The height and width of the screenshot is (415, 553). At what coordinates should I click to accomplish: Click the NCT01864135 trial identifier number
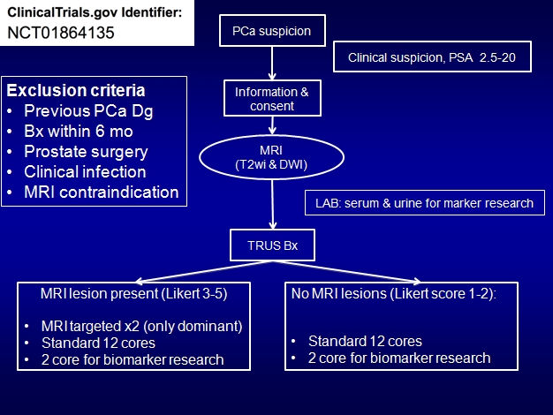point(61,33)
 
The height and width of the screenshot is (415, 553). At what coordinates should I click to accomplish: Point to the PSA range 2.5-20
point(497,57)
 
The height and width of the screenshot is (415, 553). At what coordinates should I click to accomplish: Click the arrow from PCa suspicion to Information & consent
point(272,63)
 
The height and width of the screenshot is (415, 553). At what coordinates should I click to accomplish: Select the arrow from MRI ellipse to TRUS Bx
point(272,205)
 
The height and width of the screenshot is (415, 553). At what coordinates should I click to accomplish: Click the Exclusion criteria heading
point(76,91)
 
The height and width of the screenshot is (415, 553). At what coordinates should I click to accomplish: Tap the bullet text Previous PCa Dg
point(88,111)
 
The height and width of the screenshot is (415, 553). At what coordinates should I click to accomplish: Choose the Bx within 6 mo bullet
point(79,132)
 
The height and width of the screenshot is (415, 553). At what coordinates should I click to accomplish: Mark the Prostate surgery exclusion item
point(86,152)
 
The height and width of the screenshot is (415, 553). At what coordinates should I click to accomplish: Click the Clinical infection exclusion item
point(85,172)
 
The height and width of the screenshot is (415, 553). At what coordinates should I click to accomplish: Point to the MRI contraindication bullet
point(102,192)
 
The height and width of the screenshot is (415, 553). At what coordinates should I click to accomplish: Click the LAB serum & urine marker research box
point(425,203)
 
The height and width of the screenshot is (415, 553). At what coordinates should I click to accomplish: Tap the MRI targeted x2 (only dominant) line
point(141,326)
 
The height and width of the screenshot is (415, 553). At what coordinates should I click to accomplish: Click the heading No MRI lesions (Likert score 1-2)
point(394,294)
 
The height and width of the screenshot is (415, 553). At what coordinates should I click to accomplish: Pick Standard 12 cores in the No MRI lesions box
point(365,342)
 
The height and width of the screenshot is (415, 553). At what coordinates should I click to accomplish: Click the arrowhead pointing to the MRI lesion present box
point(138,282)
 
